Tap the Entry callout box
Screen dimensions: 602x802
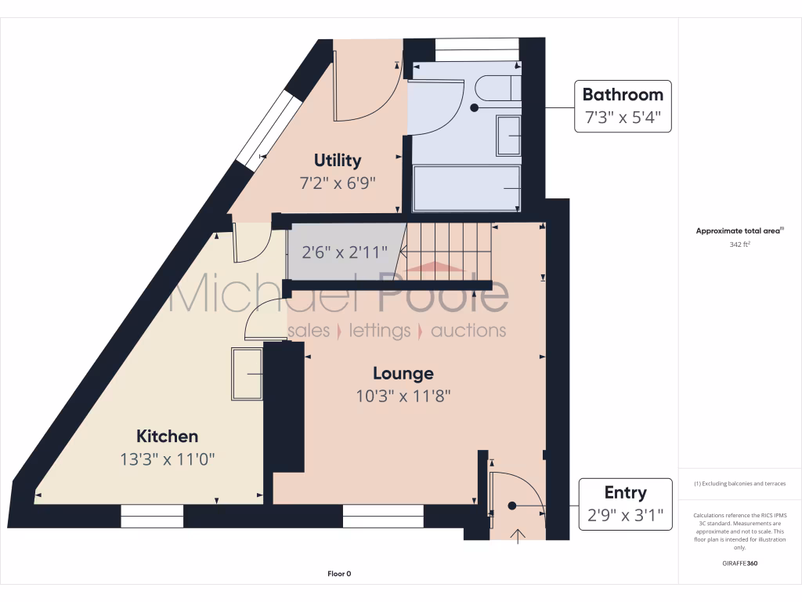624,504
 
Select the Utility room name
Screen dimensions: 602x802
338,161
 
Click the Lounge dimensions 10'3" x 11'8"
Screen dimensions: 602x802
403,396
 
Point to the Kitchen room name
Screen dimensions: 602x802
168,437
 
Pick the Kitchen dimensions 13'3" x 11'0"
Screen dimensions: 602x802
168,459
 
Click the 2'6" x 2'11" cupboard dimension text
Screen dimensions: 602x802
345,253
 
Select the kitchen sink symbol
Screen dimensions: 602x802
247,374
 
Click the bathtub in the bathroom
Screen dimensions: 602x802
466,188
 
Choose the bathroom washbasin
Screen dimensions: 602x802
509,135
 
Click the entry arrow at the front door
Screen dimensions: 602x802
517,535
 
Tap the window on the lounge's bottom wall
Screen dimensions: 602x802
383,516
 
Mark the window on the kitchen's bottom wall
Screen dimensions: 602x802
152,516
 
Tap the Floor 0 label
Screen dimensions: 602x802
339,574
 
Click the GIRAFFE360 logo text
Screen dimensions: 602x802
739,563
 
